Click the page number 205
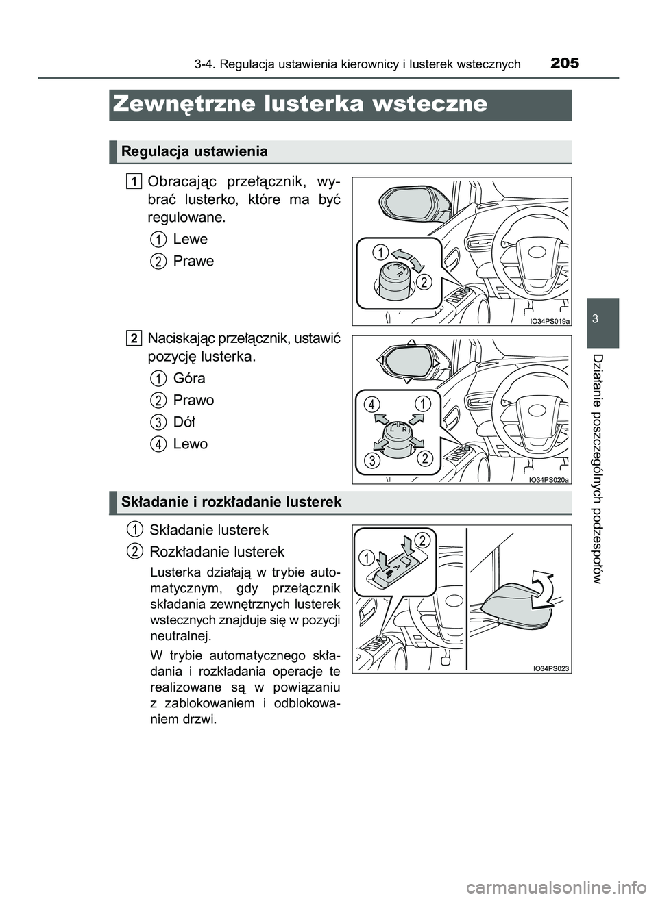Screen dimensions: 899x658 pyautogui.click(x=564, y=64)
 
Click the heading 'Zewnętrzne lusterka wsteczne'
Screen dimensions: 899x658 pyautogui.click(x=300, y=104)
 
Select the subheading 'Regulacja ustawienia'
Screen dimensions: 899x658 pyautogui.click(x=194, y=151)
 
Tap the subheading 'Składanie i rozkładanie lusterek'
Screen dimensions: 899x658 pyautogui.click(x=231, y=502)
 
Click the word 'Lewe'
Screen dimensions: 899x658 pyautogui.click(x=190, y=239)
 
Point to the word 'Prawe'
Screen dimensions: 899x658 pyautogui.click(x=193, y=261)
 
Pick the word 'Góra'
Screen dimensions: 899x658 pyautogui.click(x=189, y=378)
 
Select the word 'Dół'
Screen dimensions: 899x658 pyautogui.click(x=184, y=422)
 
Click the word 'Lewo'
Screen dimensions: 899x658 pyautogui.click(x=190, y=444)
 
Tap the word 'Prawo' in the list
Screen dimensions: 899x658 pyautogui.click(x=193, y=400)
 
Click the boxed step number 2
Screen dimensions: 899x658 pyautogui.click(x=135, y=337)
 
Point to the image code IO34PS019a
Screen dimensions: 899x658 pyautogui.click(x=550, y=320)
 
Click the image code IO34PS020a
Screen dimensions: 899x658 pyautogui.click(x=550, y=480)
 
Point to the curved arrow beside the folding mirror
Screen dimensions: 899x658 pyautogui.click(x=543, y=587)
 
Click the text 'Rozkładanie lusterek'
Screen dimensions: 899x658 pyautogui.click(x=217, y=551)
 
